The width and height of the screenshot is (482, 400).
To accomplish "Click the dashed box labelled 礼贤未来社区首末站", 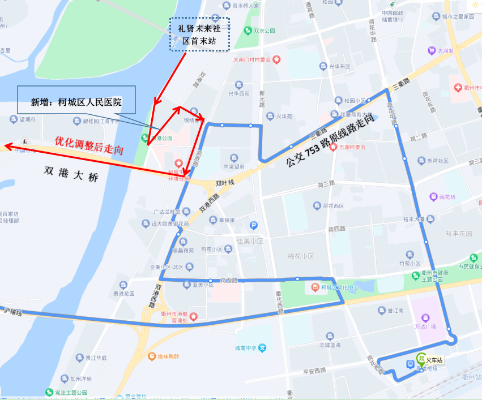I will (201, 34).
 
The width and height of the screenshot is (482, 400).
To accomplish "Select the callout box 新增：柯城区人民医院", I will (76, 102).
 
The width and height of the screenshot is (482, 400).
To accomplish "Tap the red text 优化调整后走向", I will (89, 145).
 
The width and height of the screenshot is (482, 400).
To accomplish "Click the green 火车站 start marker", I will (421, 358).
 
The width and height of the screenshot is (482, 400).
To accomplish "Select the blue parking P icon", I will (254, 225).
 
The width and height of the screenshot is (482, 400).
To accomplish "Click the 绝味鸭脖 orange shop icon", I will (152, 356).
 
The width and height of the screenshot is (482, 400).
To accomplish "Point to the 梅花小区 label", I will (301, 256).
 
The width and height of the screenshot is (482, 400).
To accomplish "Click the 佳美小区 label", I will (249, 241).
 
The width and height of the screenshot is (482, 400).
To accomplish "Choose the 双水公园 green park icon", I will (248, 31).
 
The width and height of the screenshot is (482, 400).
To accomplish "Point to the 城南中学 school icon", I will (262, 348).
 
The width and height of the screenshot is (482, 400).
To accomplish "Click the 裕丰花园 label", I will (459, 233).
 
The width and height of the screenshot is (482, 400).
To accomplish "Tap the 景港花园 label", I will (124, 294).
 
